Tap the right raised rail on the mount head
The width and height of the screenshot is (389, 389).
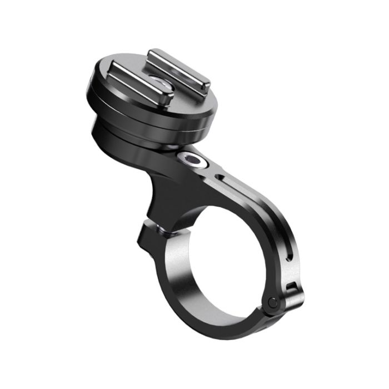coord(178,67)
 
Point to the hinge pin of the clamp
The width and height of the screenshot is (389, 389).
coord(272,302)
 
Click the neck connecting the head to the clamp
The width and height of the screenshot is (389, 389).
coord(161,189)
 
